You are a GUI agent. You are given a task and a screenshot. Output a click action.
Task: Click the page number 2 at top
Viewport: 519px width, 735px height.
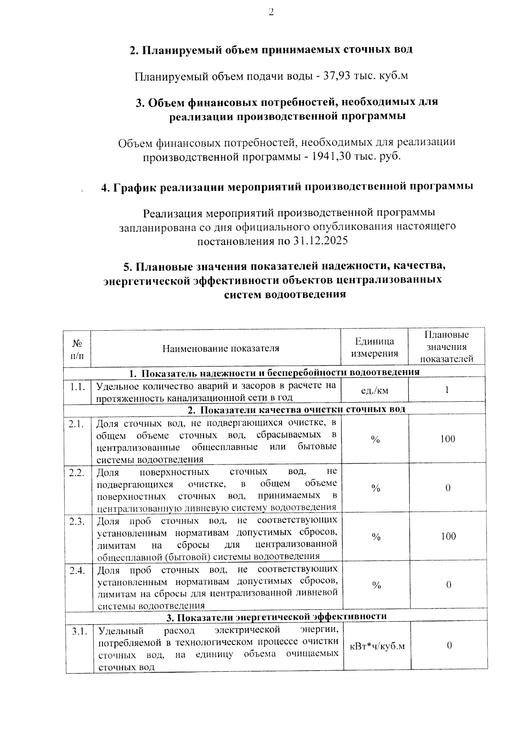(271, 13)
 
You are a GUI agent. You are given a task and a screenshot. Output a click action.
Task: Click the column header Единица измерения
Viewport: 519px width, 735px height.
(375, 348)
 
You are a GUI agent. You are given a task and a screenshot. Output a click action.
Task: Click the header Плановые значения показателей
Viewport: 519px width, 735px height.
(447, 347)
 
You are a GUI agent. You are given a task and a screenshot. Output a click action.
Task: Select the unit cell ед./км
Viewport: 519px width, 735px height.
(375, 391)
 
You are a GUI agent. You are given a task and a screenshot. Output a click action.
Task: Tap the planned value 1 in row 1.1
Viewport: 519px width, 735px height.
(447, 390)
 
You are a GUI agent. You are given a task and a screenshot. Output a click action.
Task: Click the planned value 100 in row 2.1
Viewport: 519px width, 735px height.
(448, 439)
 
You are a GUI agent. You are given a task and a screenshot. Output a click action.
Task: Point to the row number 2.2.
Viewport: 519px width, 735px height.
(77, 472)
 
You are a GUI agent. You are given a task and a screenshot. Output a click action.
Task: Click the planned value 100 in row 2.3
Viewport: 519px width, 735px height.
(448, 536)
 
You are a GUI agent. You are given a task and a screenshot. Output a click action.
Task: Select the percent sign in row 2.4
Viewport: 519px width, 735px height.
(376, 586)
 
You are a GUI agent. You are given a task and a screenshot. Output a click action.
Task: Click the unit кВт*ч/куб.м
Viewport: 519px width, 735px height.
(377, 646)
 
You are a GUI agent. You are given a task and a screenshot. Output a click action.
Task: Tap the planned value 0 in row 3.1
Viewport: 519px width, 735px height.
(449, 646)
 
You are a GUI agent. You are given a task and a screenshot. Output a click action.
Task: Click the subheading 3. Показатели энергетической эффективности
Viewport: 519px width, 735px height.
(277, 616)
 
